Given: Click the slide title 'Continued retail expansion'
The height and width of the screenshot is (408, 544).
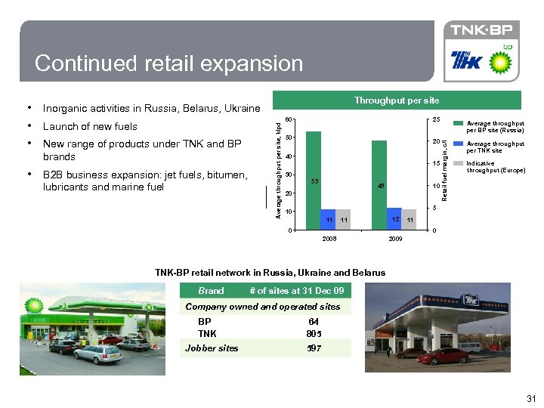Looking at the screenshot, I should click(168, 63).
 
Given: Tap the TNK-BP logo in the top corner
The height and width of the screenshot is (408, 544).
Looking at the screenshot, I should click(481, 30).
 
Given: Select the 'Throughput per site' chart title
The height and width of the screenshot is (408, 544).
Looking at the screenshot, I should click(396, 100).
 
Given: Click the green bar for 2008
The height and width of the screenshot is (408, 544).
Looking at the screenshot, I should click(313, 179).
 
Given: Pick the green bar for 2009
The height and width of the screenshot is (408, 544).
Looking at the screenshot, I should click(379, 184).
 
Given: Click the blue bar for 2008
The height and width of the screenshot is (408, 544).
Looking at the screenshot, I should click(328, 218).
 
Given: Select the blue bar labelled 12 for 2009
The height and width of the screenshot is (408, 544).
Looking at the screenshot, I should click(394, 218).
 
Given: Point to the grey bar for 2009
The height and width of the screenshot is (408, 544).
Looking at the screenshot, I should click(409, 218).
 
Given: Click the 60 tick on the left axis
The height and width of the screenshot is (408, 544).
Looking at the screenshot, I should click(290, 119).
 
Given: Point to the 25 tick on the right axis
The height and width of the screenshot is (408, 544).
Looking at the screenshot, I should click(435, 119).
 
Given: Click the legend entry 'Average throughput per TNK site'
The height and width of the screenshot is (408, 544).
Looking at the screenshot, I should click(495, 147).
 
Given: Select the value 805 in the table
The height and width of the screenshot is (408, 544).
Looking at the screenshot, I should click(314, 334).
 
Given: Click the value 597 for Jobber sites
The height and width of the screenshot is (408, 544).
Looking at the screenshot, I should click(314, 348).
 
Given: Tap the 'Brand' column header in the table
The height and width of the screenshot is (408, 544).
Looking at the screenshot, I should click(211, 291).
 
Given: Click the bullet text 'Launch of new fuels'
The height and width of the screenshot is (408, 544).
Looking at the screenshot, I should click(90, 126).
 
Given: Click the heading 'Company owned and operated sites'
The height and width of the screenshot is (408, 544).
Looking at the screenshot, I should click(262, 307).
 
